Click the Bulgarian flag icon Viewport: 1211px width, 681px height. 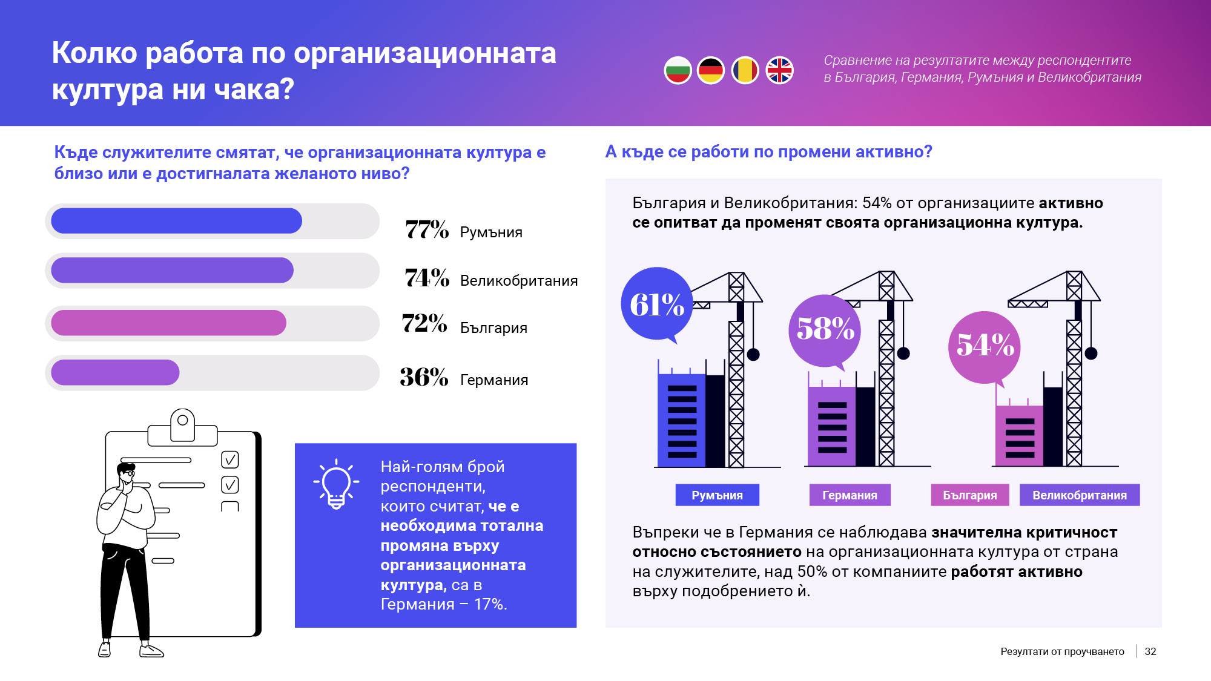tap(678, 71)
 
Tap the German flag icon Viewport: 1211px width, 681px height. tap(711, 71)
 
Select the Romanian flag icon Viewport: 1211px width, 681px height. tap(745, 71)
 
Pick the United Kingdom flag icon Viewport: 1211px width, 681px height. tap(780, 71)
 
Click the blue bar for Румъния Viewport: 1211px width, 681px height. tap(176, 221)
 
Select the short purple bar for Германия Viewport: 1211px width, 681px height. tap(115, 372)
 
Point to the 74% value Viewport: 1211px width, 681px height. tap(427, 278)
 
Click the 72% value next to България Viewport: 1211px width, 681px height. tap(424, 323)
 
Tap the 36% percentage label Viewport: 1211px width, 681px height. tap(424, 377)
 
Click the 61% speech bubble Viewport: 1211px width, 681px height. tap(657, 304)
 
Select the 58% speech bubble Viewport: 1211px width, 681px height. tap(825, 329)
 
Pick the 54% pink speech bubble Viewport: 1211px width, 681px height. tap(985, 346)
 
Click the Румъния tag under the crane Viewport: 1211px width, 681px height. tap(717, 495)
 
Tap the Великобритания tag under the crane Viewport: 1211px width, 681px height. tap(1079, 495)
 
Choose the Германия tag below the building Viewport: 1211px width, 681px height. tap(850, 495)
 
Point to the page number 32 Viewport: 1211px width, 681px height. tap(1150, 651)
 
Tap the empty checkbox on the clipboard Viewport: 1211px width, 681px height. tap(230, 507)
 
